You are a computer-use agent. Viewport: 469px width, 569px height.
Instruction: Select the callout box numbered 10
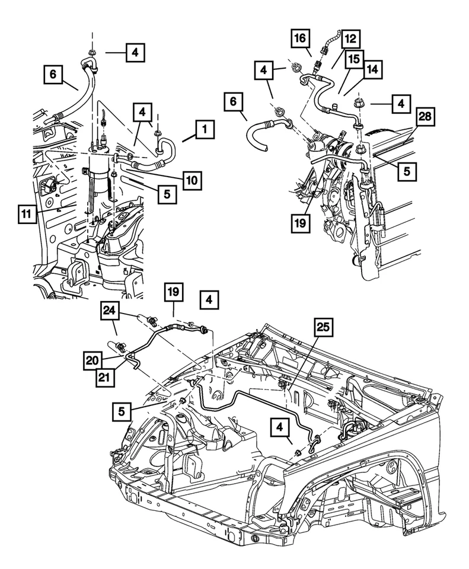pyautogui.click(x=192, y=178)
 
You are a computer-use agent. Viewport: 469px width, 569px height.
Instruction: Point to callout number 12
pyautogui.click(x=350, y=39)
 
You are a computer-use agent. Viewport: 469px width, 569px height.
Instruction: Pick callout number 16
pyautogui.click(x=300, y=39)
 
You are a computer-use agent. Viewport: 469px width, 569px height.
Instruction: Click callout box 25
pyautogui.click(x=326, y=327)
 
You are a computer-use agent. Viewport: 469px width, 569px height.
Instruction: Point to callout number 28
pyautogui.click(x=425, y=118)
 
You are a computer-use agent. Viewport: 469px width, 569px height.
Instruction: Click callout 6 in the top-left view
pyautogui.click(x=53, y=75)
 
